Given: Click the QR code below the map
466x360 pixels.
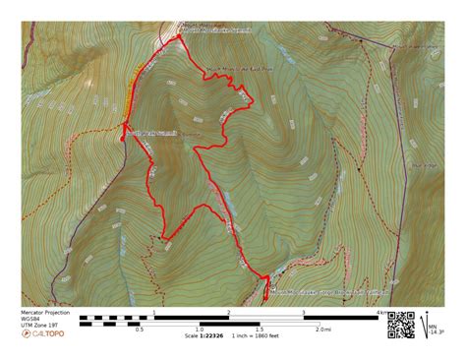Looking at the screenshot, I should coord(400,325).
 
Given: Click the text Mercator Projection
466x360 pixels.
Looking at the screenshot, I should coord(45,312).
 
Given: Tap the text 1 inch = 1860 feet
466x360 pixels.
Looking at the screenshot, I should coord(255,336).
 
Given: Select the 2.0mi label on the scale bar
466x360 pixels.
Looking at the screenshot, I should coord(322,330).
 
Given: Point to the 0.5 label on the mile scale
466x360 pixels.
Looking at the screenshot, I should coord(140,330).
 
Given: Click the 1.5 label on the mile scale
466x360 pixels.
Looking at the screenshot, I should coord(261,330).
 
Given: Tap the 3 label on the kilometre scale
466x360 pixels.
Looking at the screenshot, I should coord(304,313).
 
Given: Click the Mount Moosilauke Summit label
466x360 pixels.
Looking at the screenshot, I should coord(215,30).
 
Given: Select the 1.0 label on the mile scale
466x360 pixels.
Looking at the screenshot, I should coord(199,330).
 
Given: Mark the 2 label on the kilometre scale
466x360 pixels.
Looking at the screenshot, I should coord(229,313).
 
